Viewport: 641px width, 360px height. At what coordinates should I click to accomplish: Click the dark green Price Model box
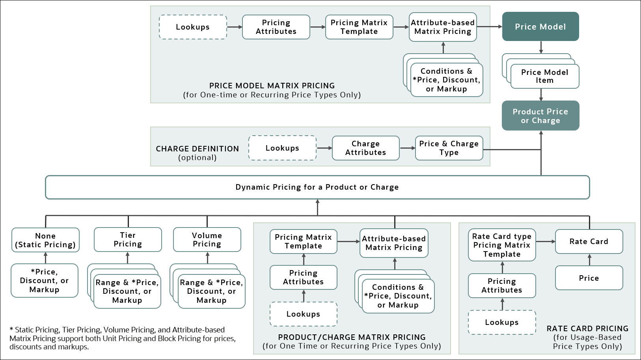click(540, 26)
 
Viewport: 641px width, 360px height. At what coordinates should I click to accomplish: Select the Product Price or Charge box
click(540, 116)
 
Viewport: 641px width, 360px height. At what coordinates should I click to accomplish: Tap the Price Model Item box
click(544, 76)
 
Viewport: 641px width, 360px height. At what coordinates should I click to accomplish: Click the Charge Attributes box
click(365, 148)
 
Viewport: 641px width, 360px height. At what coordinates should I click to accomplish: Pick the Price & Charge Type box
click(449, 148)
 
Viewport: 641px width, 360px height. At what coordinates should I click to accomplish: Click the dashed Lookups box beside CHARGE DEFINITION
click(282, 148)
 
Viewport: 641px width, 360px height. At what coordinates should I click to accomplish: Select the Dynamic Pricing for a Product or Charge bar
click(317, 187)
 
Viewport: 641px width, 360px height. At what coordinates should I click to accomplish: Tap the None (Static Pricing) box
click(45, 240)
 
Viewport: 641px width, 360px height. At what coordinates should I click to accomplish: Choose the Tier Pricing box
click(128, 240)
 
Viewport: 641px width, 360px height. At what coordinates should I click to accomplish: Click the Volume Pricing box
click(207, 240)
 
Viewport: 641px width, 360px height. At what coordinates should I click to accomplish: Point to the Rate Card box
click(589, 242)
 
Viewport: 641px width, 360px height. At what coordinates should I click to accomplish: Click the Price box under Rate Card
click(589, 278)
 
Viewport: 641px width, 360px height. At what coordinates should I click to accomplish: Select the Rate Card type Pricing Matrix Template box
click(501, 245)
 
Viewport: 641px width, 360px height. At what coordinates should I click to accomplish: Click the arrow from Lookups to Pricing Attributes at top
click(235, 27)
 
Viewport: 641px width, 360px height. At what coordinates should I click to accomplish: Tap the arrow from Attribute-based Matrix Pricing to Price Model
click(489, 26)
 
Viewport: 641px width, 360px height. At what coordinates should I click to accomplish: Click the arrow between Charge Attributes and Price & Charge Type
click(407, 148)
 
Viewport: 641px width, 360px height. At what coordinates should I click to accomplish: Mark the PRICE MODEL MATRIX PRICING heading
click(272, 86)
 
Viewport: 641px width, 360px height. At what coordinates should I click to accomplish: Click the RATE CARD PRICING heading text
click(587, 328)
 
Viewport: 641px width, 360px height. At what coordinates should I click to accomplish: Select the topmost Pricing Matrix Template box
click(359, 27)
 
